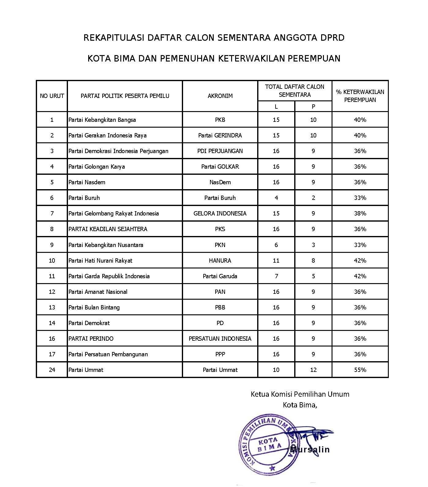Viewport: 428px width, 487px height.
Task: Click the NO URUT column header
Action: (52, 96)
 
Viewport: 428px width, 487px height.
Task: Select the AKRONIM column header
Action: (220, 96)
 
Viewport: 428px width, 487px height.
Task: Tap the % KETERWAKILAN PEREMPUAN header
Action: (360, 96)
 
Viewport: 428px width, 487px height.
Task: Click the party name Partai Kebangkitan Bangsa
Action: (102, 120)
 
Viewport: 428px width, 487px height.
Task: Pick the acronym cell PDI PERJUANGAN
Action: (220, 151)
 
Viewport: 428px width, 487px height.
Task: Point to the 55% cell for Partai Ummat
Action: (360, 370)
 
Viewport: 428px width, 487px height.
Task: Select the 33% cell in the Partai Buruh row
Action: (360, 198)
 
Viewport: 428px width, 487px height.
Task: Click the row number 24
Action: (52, 370)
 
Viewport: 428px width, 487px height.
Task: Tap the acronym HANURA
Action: (220, 260)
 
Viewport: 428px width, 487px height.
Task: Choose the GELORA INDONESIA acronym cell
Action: (220, 213)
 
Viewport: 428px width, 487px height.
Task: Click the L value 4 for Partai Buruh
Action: (276, 198)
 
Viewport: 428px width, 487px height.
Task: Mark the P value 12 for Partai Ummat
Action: (313, 370)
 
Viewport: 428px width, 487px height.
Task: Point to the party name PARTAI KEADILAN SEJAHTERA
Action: (108, 229)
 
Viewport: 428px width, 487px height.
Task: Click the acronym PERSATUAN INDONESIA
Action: (220, 339)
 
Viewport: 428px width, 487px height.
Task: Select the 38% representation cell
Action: (360, 213)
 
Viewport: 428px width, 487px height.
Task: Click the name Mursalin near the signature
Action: (310, 449)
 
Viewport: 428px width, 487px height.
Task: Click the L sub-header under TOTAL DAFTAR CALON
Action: (276, 107)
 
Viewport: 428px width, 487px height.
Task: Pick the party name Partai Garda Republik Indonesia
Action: (109, 276)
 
